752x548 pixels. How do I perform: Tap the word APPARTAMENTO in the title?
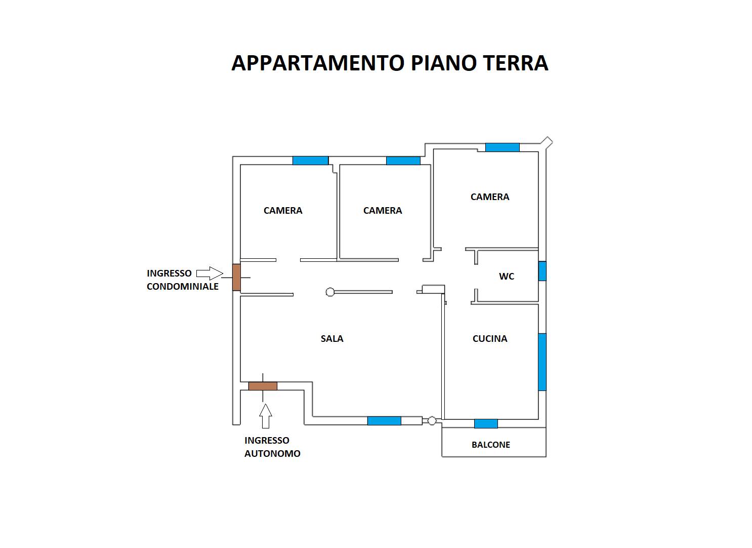pyautogui.click(x=318, y=63)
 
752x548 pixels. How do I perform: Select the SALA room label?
pyautogui.click(x=332, y=339)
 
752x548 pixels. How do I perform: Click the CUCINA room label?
pyautogui.click(x=490, y=339)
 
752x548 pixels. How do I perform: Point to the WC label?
pyautogui.click(x=507, y=277)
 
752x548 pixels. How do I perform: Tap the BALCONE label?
pyautogui.click(x=491, y=445)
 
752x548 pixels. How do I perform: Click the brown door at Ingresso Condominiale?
pyautogui.click(x=236, y=277)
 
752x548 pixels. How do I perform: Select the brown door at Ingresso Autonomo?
pyautogui.click(x=263, y=386)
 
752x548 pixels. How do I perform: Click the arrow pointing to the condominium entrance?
pyautogui.click(x=210, y=273)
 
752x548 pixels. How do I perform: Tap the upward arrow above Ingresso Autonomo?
pyautogui.click(x=266, y=416)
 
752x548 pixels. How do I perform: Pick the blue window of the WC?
pyautogui.click(x=542, y=271)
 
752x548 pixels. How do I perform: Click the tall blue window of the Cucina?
pyautogui.click(x=542, y=362)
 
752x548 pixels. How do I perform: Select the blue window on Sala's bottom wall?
pyautogui.click(x=384, y=421)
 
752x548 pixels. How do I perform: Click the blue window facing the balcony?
pyautogui.click(x=486, y=424)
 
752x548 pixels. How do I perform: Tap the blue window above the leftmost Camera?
pyautogui.click(x=310, y=161)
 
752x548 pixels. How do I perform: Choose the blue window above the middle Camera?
pyautogui.click(x=403, y=161)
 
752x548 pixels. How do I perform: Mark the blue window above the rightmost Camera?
pyautogui.click(x=502, y=147)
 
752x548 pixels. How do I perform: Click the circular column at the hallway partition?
pyautogui.click(x=330, y=292)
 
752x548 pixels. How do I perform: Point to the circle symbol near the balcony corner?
pyautogui.click(x=432, y=421)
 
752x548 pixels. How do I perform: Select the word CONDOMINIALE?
pyautogui.click(x=183, y=287)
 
